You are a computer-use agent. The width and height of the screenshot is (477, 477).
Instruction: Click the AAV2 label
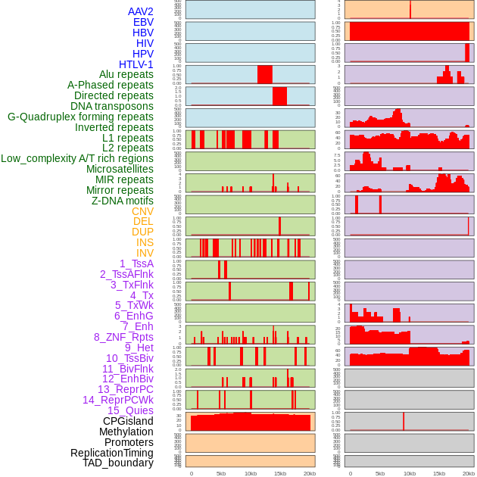[x=141, y=11]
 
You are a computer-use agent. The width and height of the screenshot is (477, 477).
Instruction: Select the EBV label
[x=143, y=22]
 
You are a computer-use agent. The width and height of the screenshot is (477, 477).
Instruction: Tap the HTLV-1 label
[x=136, y=64]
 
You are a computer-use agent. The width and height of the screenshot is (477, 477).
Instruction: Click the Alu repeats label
[x=126, y=74]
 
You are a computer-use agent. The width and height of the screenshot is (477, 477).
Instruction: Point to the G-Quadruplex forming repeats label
[x=80, y=117]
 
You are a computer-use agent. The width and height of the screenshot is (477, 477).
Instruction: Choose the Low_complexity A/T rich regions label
[x=77, y=158]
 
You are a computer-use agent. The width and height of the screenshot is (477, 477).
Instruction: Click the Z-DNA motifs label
[x=123, y=201]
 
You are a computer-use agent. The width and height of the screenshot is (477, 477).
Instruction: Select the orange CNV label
[x=142, y=211]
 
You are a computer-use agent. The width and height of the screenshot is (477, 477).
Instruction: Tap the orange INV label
[x=145, y=253]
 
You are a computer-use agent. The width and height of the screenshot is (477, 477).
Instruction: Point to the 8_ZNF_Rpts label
[x=123, y=337]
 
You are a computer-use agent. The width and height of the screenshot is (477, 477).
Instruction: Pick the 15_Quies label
[x=130, y=410]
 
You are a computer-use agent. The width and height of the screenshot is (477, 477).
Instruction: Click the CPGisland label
[x=128, y=421]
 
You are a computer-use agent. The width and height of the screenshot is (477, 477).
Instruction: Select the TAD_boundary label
[x=118, y=463]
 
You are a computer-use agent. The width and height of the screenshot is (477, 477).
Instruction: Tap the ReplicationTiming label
[x=112, y=453]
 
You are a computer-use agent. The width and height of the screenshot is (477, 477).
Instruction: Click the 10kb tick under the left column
[x=251, y=473]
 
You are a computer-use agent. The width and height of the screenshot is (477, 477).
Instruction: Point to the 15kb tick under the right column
[x=439, y=473]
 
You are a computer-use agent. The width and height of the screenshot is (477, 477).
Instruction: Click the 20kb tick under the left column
[x=310, y=473]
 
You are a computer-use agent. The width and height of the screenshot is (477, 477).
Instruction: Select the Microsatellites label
[x=120, y=169]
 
